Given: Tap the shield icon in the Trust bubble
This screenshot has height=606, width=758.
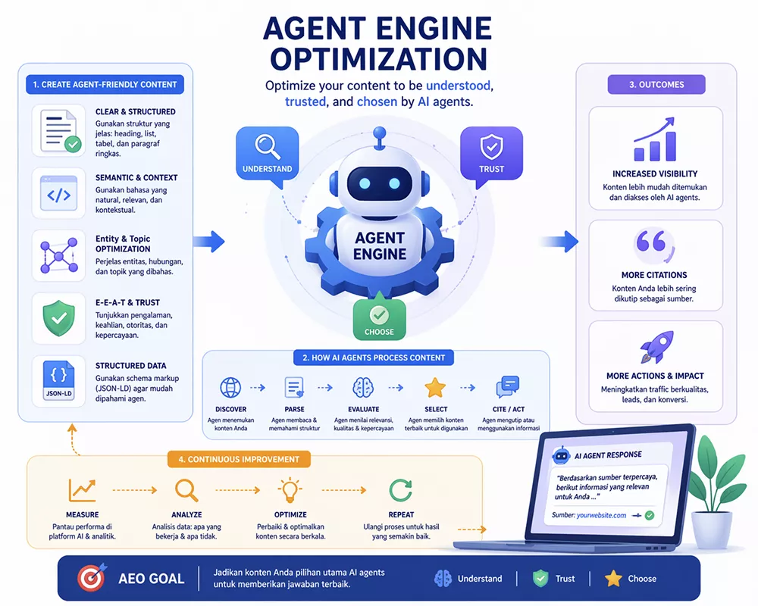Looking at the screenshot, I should (x=491, y=144).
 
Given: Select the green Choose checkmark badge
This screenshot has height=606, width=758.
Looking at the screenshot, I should (x=379, y=314).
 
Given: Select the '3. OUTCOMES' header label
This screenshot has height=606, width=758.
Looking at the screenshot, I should (x=656, y=84).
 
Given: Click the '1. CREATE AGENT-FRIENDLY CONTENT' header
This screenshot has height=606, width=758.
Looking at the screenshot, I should (x=105, y=84).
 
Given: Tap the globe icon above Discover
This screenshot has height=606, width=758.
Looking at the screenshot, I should (x=230, y=388).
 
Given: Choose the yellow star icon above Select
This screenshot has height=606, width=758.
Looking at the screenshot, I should (x=435, y=388).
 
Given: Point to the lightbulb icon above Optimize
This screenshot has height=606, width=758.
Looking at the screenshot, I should (x=290, y=489).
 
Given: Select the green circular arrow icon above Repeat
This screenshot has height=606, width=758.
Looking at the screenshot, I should (x=401, y=489).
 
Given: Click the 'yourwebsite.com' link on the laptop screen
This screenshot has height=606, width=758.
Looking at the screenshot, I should (x=601, y=515).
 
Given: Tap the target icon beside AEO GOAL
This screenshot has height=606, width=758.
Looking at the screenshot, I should (x=89, y=578).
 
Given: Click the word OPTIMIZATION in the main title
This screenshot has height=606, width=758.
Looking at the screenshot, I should (x=379, y=58).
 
